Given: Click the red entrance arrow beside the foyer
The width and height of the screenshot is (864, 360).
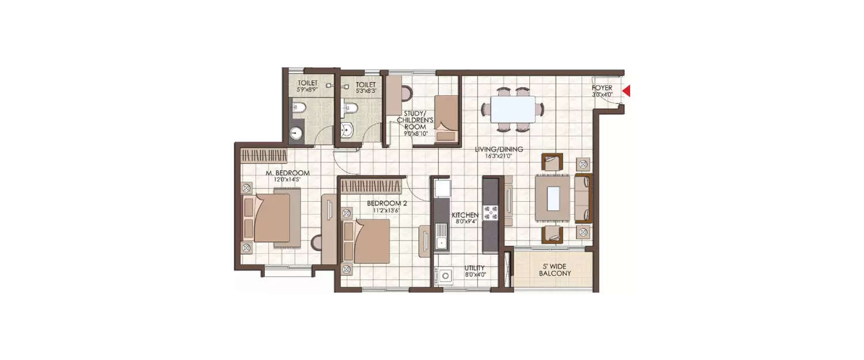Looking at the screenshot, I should pyautogui.click(x=627, y=91).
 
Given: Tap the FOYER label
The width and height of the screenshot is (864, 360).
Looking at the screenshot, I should pyautogui.click(x=602, y=88).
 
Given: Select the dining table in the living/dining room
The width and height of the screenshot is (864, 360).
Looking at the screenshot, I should pyautogui.click(x=513, y=109).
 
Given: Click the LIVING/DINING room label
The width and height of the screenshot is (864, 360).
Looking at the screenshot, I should pyautogui.click(x=499, y=150).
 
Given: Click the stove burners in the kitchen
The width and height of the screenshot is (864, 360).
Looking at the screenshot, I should pyautogui.click(x=490, y=214).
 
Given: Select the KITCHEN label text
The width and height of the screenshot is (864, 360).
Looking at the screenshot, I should pyautogui.click(x=464, y=215).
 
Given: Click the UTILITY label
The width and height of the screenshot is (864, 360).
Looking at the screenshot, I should pyautogui.click(x=475, y=268).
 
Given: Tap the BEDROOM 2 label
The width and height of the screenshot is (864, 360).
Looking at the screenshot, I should pyautogui.click(x=386, y=203).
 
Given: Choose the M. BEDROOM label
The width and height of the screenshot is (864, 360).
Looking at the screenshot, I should pyautogui.click(x=287, y=173).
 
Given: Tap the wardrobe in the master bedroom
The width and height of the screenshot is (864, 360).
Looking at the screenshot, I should pyautogui.click(x=264, y=156).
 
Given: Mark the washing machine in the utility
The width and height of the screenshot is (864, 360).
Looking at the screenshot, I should pyautogui.click(x=445, y=276).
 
